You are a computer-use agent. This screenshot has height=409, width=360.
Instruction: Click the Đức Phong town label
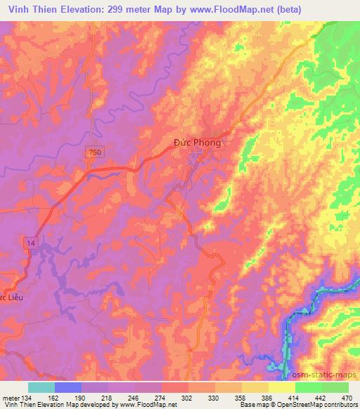[197, 143]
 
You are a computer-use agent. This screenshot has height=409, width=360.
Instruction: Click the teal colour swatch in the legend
[41, 387]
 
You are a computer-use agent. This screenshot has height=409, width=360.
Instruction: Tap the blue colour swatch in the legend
[68, 387]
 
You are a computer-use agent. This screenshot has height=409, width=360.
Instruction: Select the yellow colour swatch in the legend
[282, 387]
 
